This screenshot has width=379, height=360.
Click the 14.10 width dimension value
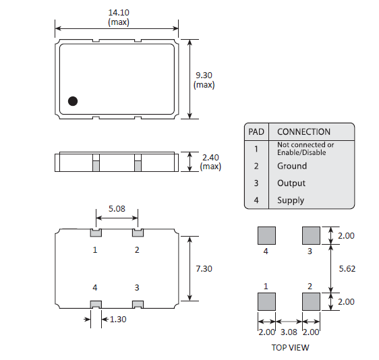coord(119,12)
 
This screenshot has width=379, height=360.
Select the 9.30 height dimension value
coord(204,75)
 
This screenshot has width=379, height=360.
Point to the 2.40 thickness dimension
coord(210,157)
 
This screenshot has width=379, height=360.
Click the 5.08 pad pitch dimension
coord(117,208)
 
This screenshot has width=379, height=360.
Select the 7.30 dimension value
coord(204,268)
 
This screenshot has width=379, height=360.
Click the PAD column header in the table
coord(256,131)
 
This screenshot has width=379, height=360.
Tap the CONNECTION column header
coord(303,131)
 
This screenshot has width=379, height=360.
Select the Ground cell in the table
coord(291,166)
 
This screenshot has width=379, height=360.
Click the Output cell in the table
coord(291,183)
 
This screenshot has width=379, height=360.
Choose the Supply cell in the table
coord(291,200)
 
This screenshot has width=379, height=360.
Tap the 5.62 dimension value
coord(346,268)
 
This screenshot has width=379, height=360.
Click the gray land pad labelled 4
coord(266,235)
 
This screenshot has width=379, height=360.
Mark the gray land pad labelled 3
coord(310,235)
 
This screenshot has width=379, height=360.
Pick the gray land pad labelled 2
coord(310,301)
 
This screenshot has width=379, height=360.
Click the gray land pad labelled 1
coord(266,301)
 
